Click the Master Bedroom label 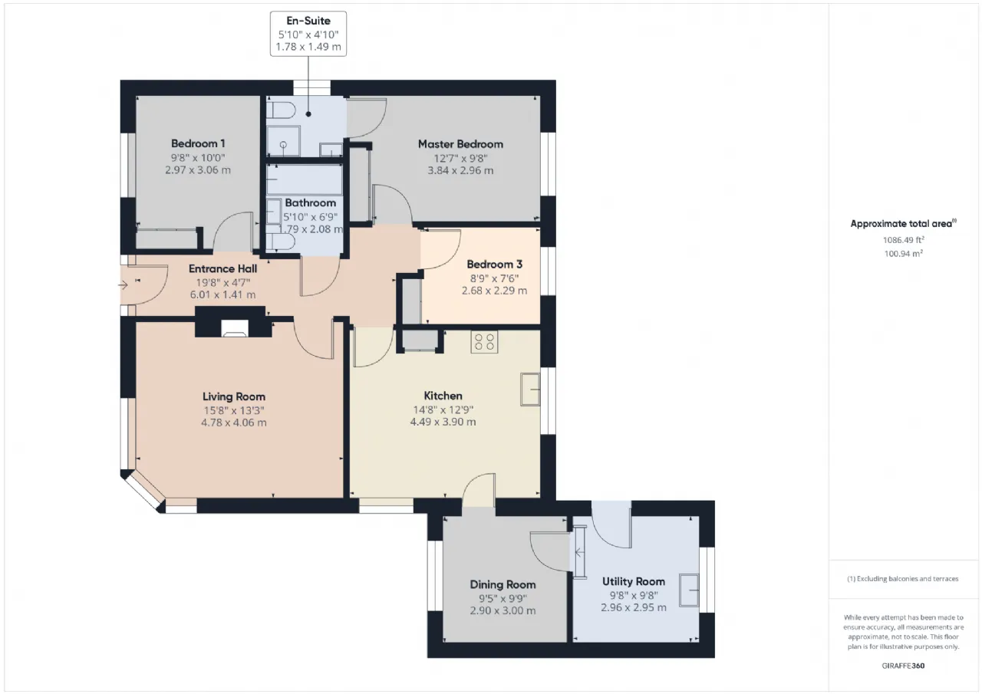460,144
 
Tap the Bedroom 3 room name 495,265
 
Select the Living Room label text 234,396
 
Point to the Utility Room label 634,581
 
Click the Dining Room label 503,584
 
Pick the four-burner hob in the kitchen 484,342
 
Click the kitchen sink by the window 530,389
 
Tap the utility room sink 689,590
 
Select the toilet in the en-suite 282,110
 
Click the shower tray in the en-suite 283,141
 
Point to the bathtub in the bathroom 305,180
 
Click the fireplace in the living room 235,328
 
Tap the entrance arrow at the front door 123,286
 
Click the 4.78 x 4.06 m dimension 234,423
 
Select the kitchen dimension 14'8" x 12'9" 443,409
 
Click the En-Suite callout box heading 308,21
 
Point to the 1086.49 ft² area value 904,240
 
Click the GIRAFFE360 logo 903,666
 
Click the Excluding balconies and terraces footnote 903,579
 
